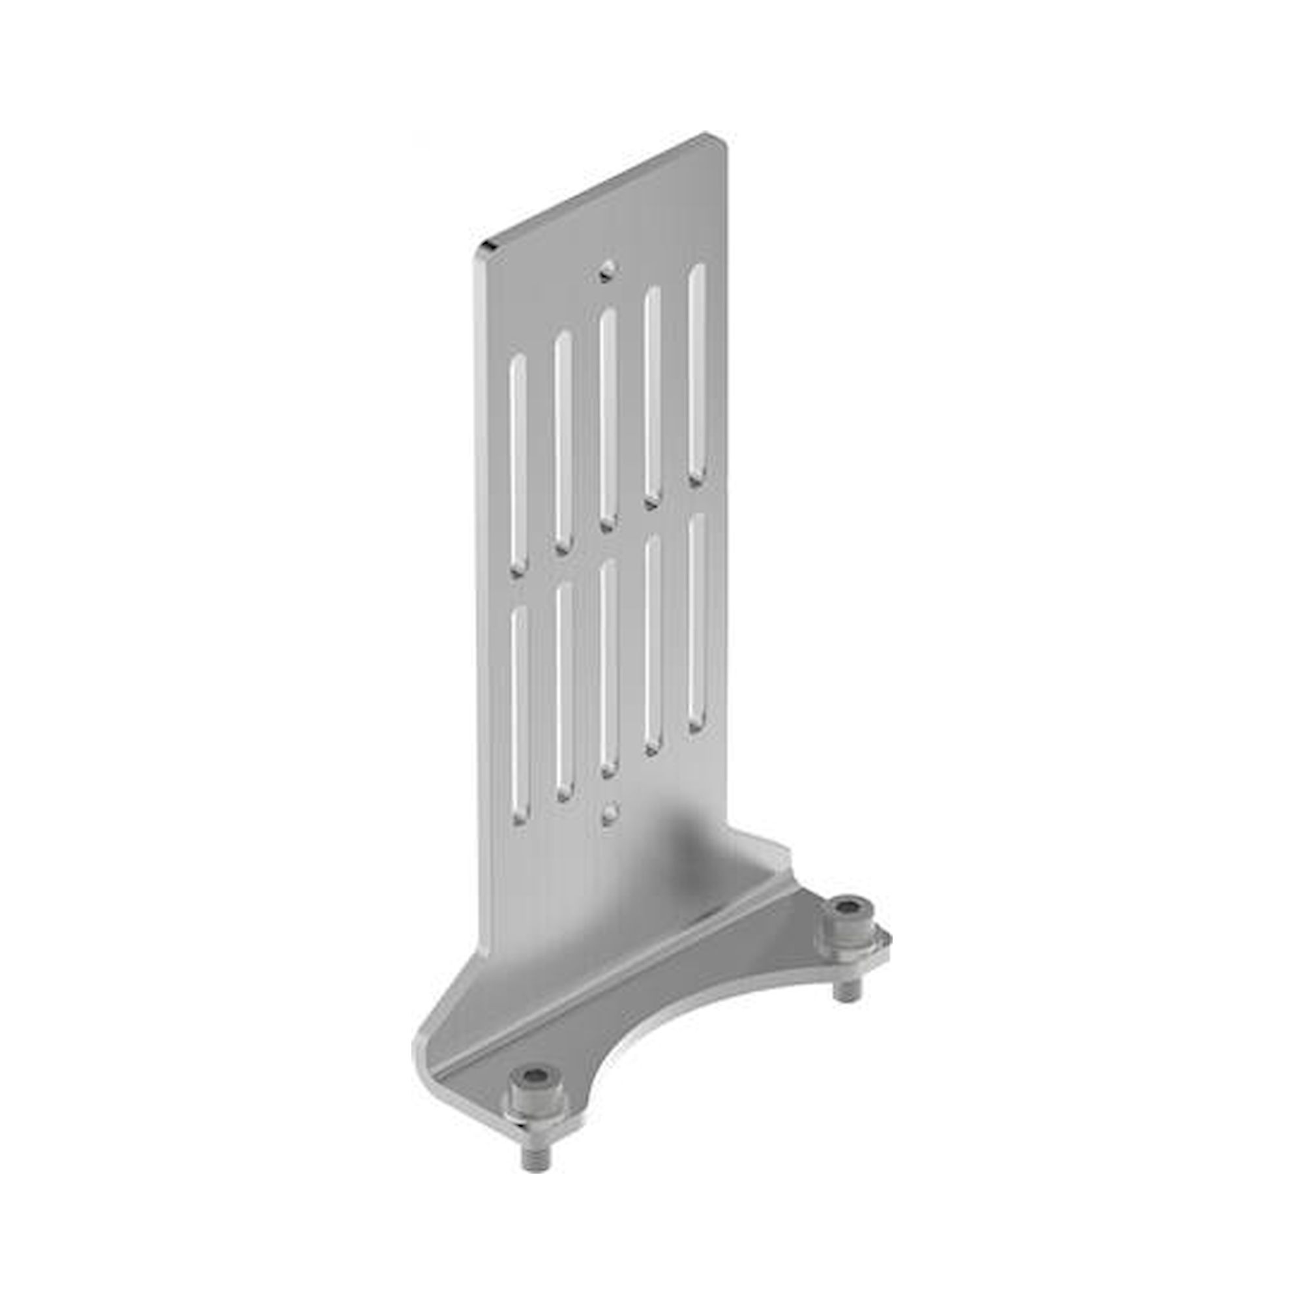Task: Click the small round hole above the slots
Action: pos(609,271)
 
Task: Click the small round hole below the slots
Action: pos(610,812)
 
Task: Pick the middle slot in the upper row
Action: pos(607,419)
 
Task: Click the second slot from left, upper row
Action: pos(563,441)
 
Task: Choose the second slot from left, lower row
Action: pos(563,691)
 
